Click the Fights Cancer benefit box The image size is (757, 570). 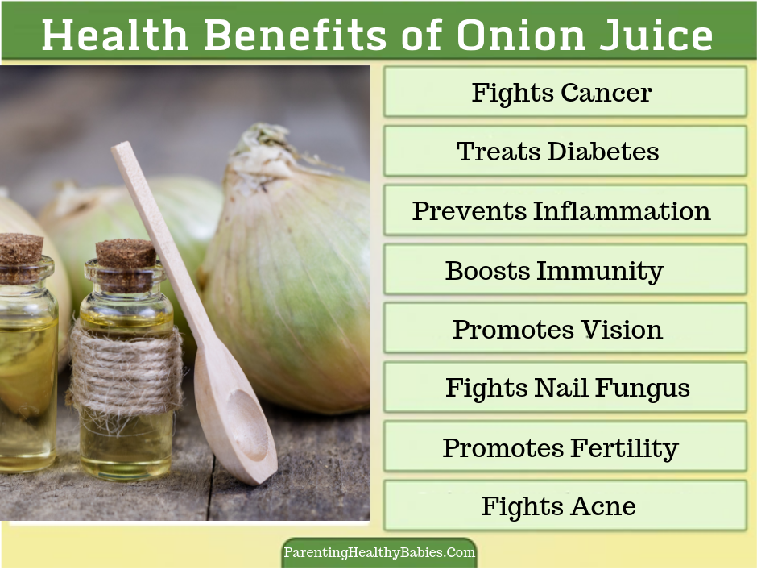(565, 93)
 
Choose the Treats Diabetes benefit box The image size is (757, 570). (565, 152)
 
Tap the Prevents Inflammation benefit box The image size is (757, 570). (565, 211)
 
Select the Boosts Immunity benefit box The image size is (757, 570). (565, 270)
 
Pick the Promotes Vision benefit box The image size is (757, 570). (565, 329)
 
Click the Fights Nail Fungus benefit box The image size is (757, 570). (565, 388)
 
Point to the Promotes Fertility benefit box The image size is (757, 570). (565, 447)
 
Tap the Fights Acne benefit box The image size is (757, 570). (565, 506)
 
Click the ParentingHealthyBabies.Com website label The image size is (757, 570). (379, 553)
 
